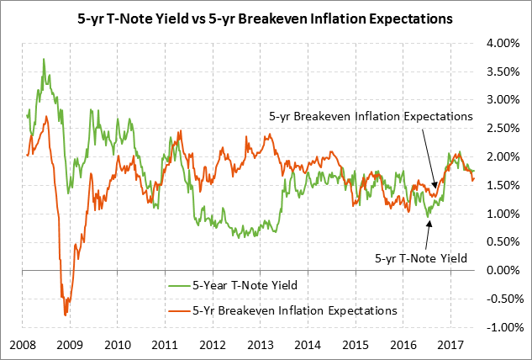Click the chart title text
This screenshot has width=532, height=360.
pyautogui.click(x=266, y=16)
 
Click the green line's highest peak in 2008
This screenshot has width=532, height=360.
pyautogui.click(x=44, y=59)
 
